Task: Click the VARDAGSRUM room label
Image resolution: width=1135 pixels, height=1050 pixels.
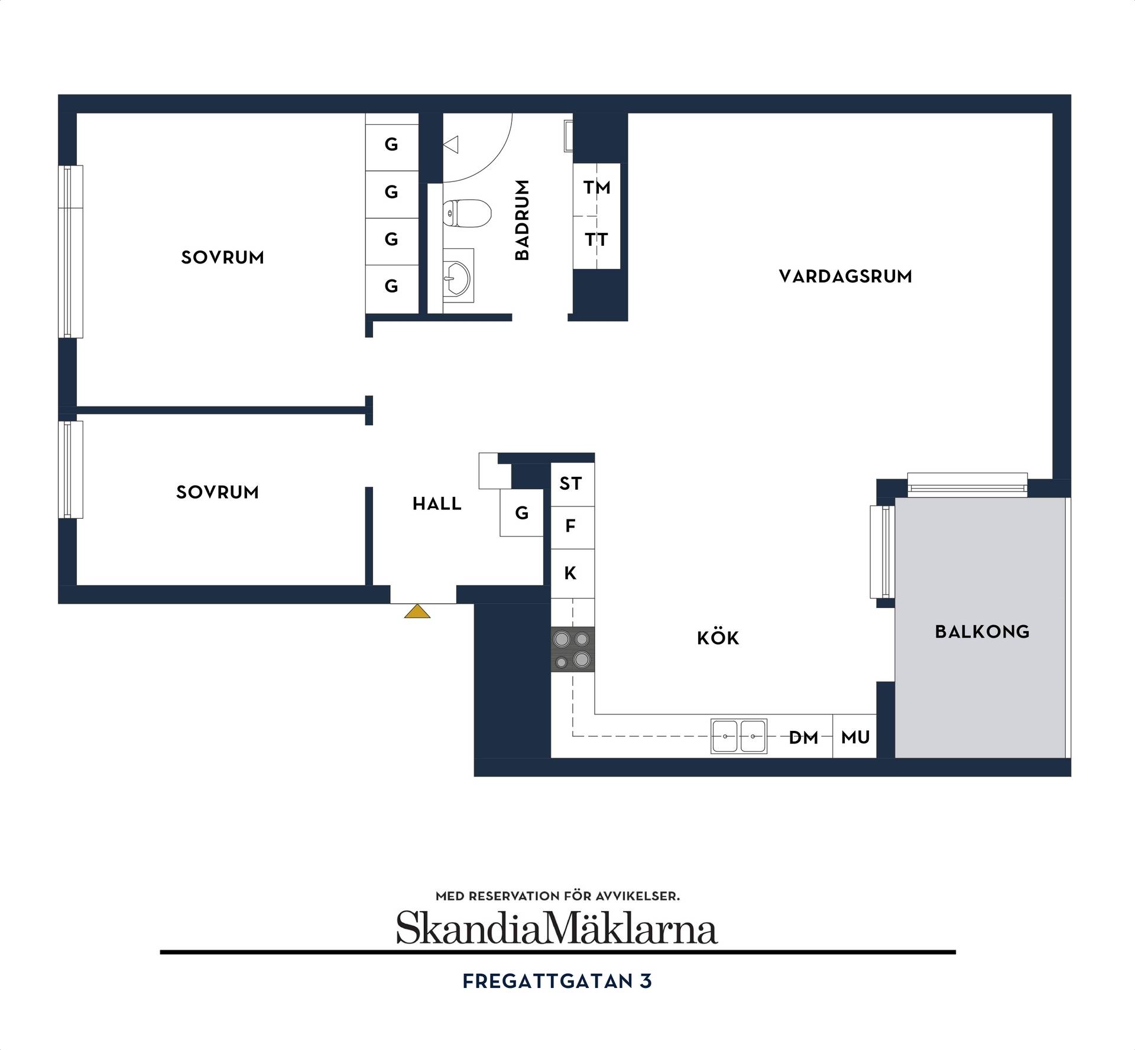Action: [x=845, y=277]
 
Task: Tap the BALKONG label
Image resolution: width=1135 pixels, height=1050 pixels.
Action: [x=982, y=632]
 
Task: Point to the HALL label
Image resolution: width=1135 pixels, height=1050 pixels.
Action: [x=437, y=504]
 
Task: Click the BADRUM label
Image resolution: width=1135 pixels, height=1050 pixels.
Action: [x=522, y=220]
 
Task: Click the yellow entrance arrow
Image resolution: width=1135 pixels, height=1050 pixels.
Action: [x=417, y=611]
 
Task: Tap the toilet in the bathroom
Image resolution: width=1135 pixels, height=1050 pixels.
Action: [x=467, y=213]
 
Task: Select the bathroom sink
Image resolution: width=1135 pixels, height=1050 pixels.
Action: [x=458, y=275]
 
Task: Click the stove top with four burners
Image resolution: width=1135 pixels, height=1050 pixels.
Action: [x=573, y=649]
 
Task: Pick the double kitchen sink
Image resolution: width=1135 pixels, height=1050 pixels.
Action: [x=739, y=736]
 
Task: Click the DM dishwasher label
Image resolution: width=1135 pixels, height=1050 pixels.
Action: [x=803, y=737]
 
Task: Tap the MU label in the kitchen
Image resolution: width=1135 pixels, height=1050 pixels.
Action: [x=855, y=737]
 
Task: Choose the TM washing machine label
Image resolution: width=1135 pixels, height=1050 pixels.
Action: [x=596, y=188]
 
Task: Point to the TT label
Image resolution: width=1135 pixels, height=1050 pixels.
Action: [x=596, y=240]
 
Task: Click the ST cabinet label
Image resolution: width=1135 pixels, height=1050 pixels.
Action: [x=570, y=484]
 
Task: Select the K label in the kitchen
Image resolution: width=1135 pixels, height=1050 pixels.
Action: [x=570, y=573]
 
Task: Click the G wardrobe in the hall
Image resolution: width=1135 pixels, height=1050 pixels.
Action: [x=521, y=513]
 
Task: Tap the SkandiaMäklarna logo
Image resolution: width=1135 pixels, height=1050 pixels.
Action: [x=557, y=928]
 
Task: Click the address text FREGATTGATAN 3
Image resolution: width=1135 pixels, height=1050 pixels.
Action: [x=557, y=981]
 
